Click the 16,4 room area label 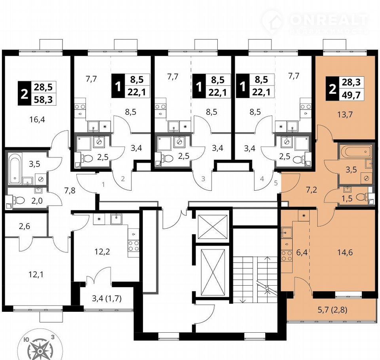pyautogui.click(x=37, y=119)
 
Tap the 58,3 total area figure pyautogui.click(x=43, y=99)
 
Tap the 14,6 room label pyautogui.click(x=345, y=252)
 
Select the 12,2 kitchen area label pyautogui.click(x=102, y=252)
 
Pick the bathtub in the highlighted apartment pyautogui.click(x=356, y=152)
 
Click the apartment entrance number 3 pyautogui.click(x=203, y=179)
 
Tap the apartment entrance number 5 pyautogui.click(x=276, y=183)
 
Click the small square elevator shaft pyautogui.click(x=212, y=227)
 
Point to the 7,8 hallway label pyautogui.click(x=70, y=190)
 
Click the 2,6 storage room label pyautogui.click(x=25, y=226)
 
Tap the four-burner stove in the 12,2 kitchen pyautogui.click(x=133, y=246)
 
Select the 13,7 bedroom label pyautogui.click(x=345, y=114)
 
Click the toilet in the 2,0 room pyautogui.click(x=20, y=200)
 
